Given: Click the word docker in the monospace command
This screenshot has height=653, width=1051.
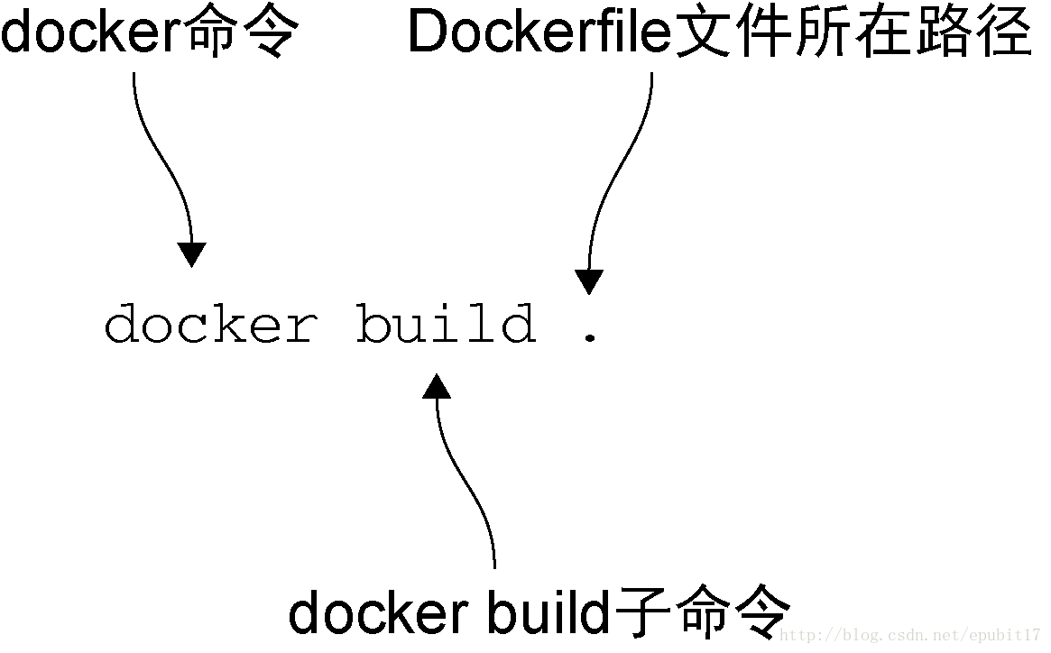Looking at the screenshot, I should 210,325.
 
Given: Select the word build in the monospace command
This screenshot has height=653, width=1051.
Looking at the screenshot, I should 446,325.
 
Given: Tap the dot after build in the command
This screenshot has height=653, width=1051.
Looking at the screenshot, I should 590,337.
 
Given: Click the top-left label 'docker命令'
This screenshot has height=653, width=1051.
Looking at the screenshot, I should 150,33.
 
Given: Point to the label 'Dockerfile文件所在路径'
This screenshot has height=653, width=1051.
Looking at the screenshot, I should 719,33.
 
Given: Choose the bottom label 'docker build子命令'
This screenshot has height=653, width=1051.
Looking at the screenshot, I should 539,612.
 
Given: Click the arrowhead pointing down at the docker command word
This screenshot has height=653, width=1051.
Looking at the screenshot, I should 191,254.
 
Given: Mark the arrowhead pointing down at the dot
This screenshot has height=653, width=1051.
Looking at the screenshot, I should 589,282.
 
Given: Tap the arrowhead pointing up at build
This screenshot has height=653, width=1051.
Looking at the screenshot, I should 437,387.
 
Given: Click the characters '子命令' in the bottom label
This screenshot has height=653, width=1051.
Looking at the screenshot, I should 703,612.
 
